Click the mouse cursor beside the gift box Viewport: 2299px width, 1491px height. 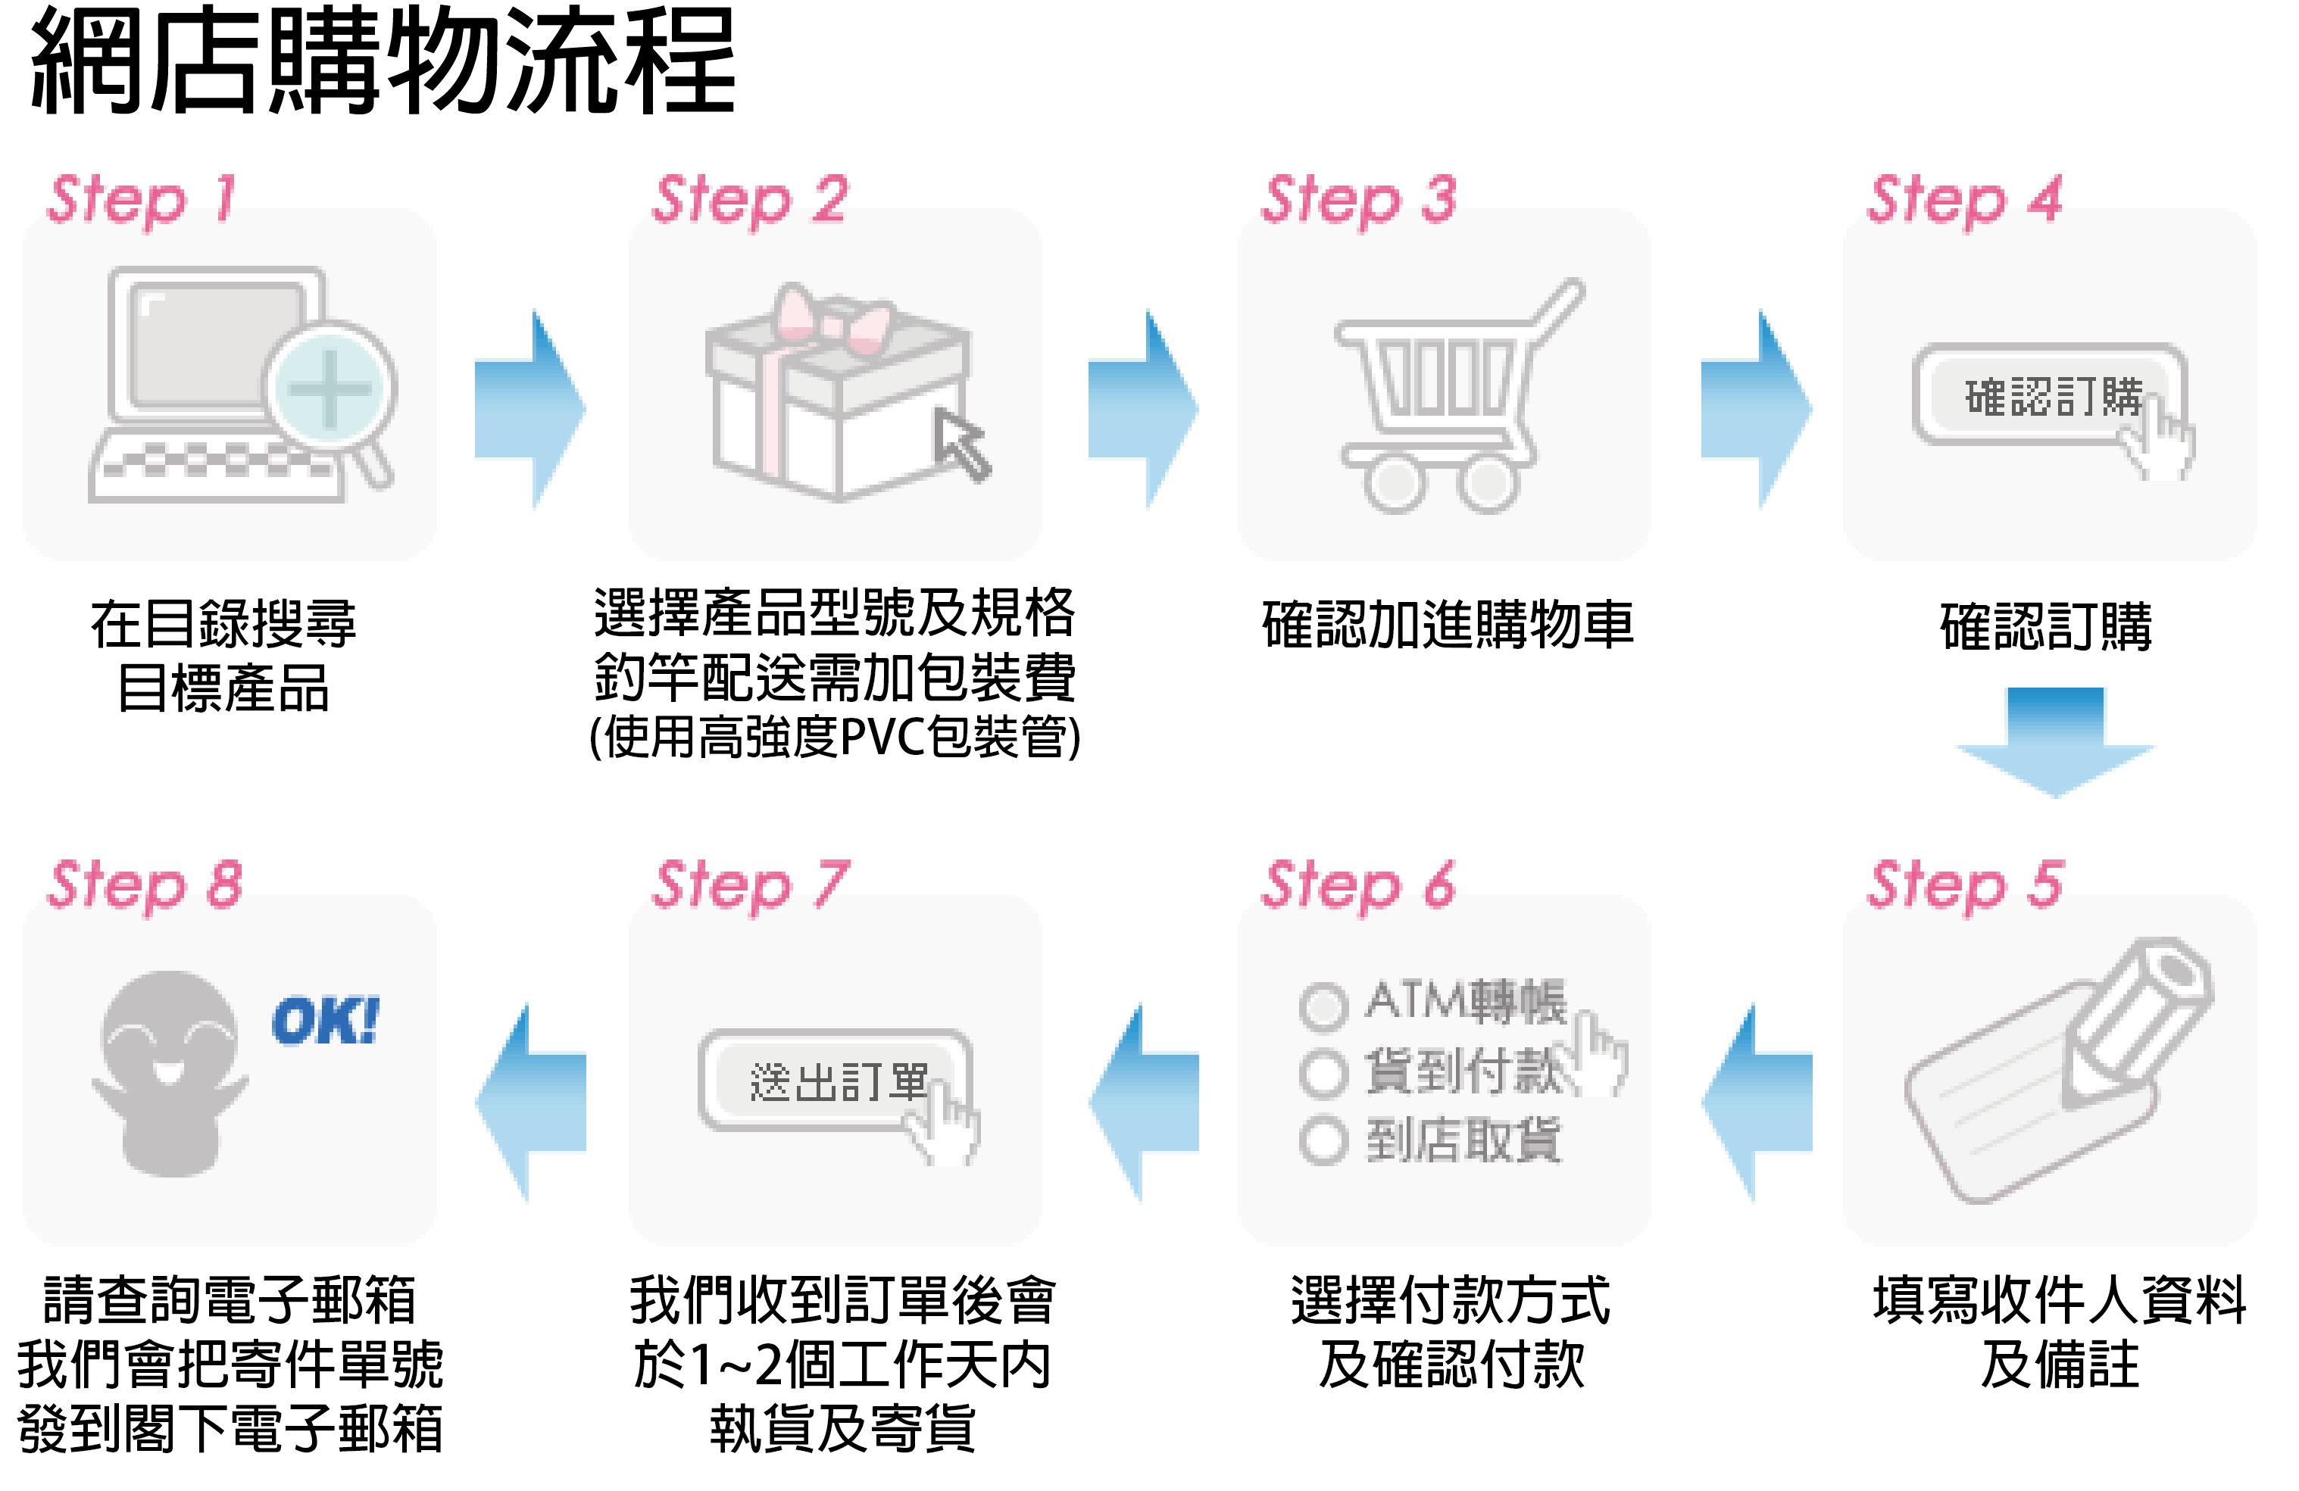tap(961, 444)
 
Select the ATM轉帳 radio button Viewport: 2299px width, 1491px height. tap(1323, 1006)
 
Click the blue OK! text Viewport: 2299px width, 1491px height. tap(326, 1021)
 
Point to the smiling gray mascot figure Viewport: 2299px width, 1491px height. tap(169, 1072)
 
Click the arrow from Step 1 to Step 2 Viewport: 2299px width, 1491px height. tap(530, 408)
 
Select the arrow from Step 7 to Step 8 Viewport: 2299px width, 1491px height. tap(530, 1102)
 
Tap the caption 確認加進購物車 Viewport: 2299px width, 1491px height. tap(1447, 625)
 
